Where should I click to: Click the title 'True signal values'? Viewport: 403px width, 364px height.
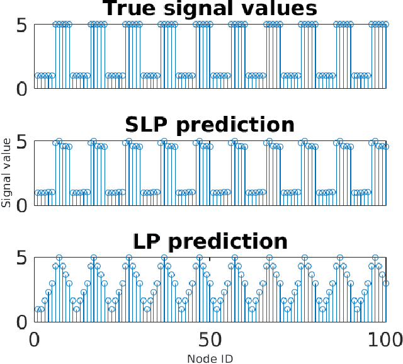click(x=210, y=9)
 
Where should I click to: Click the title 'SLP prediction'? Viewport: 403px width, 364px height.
click(x=210, y=125)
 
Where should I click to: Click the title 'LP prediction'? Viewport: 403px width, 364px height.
click(x=210, y=241)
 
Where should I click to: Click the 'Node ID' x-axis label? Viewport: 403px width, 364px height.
click(x=210, y=359)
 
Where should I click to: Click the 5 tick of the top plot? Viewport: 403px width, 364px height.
click(x=21, y=25)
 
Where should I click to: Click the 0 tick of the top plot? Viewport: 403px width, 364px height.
click(x=21, y=89)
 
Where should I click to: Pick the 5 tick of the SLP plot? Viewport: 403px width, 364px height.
click(x=21, y=142)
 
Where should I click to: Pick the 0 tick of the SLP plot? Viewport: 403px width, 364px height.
click(x=21, y=205)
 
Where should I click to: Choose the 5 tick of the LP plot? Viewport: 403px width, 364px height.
click(x=21, y=258)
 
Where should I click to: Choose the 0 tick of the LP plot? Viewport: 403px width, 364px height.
click(x=21, y=322)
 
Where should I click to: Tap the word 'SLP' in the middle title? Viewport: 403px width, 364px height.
click(x=149, y=125)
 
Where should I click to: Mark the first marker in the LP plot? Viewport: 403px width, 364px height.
click(x=38, y=309)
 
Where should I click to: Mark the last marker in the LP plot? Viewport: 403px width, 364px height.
click(x=385, y=283)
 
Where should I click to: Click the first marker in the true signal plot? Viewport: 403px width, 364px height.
click(x=38, y=76)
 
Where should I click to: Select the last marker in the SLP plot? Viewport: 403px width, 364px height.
click(x=385, y=147)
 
